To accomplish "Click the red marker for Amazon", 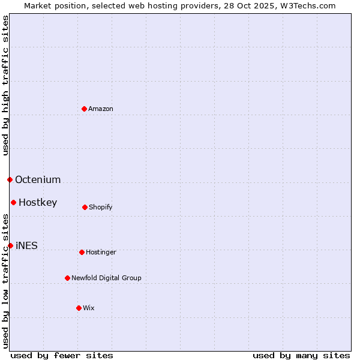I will point(84,109).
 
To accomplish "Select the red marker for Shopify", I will point(85,207).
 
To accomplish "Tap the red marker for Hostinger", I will point(82,252).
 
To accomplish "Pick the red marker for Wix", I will point(79,308).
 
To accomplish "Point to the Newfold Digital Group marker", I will point(67,278).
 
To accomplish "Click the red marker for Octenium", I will point(10,179).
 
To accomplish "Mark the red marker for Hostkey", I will point(13,202).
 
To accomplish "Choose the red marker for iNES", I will point(10,245).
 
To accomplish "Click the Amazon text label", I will point(101,109).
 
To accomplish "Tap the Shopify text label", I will point(101,207).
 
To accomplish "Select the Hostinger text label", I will point(101,252).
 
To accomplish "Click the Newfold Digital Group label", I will point(106,278).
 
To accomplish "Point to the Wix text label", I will point(89,308).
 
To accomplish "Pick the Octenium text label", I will point(38,179).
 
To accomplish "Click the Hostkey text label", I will point(38,202).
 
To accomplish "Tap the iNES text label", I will point(26,245).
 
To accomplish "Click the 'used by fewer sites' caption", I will point(62,355).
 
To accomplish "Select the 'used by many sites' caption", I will point(301,355).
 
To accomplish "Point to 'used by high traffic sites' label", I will point(5,85).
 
